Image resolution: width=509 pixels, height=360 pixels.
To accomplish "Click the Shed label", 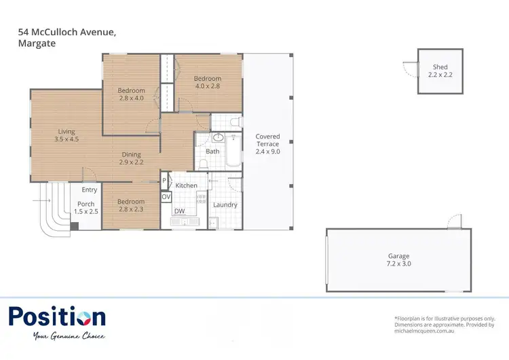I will coord(440,71).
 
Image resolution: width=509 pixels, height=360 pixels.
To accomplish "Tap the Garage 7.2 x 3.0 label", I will coord(398,260).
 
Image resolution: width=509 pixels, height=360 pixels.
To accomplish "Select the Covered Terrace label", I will coord(267,144).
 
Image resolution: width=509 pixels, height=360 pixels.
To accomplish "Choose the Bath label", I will coord(212,151).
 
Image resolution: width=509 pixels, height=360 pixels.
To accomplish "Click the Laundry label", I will coord(225,204).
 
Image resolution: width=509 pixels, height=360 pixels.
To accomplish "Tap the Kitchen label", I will coord(187,185).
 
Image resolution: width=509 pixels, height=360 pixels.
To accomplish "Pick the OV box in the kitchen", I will coord(166,196).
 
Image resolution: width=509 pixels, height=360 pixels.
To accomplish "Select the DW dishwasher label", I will coord(179,211).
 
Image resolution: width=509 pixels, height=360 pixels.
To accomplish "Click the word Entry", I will coord(90,190).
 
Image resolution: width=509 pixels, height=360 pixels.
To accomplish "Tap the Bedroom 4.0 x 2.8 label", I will coord(208,82).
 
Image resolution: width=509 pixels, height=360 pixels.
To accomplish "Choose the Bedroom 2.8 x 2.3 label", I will coord(131,206).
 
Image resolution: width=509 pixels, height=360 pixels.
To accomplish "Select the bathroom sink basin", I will coord(219,138).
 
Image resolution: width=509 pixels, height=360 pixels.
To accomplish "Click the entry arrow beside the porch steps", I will coord(39,201).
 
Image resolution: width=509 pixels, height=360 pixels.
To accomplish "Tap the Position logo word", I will coord(57,317).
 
